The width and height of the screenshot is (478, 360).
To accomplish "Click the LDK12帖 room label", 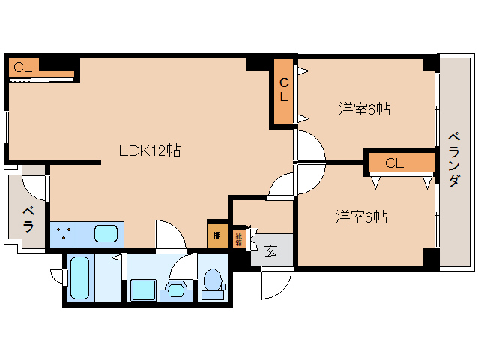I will [149, 150].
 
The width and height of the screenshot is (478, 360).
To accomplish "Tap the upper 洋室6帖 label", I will [364, 109].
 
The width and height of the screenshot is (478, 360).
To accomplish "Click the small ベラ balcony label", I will [28, 217].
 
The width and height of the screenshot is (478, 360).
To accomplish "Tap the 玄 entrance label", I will [270, 250].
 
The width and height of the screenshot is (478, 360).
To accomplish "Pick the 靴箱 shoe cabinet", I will [239, 238].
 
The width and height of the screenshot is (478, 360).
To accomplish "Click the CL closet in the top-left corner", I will [22, 67].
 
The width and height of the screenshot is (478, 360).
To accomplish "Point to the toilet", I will [214, 283].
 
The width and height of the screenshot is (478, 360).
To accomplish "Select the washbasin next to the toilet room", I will [177, 289].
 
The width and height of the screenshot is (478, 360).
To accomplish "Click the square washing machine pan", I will [142, 289].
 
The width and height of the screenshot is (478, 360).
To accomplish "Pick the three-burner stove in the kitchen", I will [63, 235].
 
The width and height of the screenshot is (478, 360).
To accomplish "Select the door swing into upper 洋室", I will [310, 144].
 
